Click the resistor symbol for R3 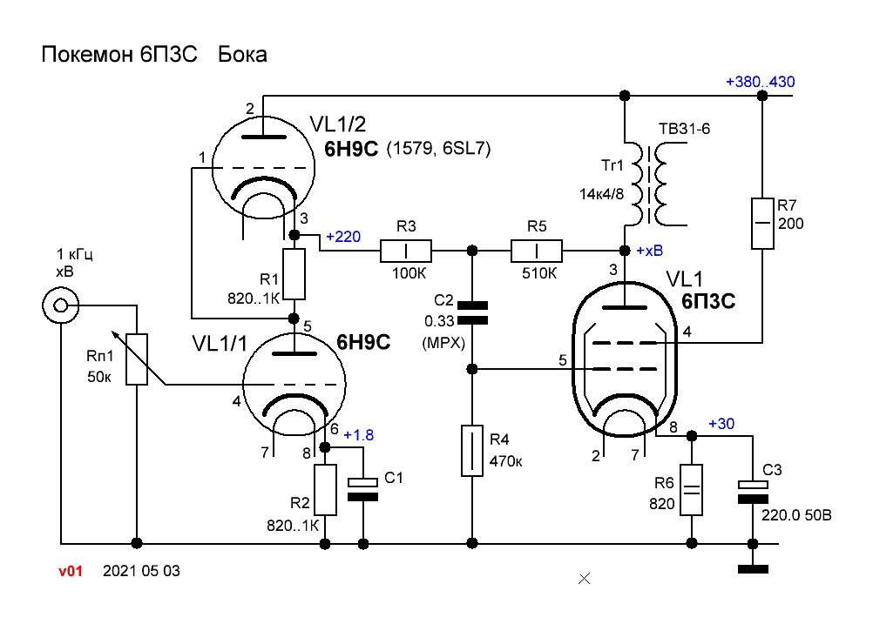click(406, 252)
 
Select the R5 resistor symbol click(537, 252)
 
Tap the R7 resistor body click(762, 224)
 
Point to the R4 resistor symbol click(471, 451)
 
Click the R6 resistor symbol click(691, 490)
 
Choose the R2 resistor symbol click(325, 490)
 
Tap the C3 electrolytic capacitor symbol click(753, 492)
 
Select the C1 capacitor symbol click(362, 489)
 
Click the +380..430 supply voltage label click(760, 83)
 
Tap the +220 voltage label click(342, 236)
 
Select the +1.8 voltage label click(358, 435)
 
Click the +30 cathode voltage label click(721, 424)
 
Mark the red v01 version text click(71, 572)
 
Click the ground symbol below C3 click(753, 569)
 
